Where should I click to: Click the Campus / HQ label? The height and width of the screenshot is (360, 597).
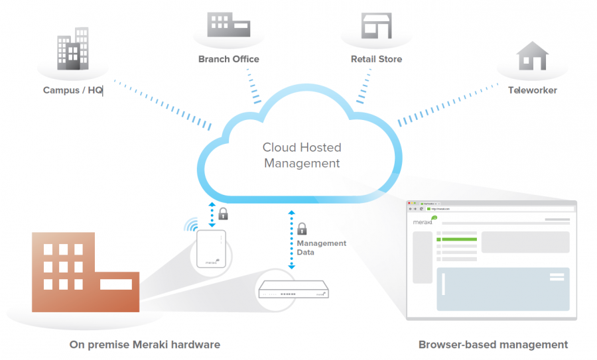pos(73,90)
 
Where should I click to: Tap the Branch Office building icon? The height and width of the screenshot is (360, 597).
pos(229,25)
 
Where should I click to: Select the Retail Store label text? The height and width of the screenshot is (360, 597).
pos(376,59)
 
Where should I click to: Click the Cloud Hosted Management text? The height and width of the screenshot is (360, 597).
pos(302,155)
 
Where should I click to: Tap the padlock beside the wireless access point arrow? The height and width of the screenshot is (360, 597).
pos(224,213)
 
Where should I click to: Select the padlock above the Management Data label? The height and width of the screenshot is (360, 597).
pos(302,229)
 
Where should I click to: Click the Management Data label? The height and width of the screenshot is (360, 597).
pos(321,248)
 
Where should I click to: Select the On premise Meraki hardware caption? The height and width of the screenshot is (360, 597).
pos(145,345)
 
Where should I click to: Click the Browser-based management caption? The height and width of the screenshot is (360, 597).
pos(493,345)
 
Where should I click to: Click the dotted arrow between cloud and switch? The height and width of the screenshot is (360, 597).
pos(291,239)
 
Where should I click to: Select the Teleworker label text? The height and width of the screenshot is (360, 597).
pos(532,90)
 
